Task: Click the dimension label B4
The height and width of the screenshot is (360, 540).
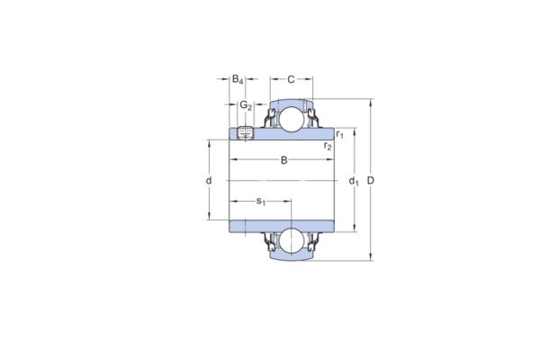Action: (238, 80)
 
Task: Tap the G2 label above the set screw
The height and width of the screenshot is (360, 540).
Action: (245, 105)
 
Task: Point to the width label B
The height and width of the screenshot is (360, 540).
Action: (284, 161)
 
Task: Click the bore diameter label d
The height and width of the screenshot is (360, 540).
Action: (209, 181)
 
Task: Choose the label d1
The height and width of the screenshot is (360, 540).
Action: (354, 182)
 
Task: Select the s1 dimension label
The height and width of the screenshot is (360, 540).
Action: (261, 201)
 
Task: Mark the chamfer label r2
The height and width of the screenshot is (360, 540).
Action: (328, 145)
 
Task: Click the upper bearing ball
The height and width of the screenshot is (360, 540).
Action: (292, 119)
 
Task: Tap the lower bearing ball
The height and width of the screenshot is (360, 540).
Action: (292, 240)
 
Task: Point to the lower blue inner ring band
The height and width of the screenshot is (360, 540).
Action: (283, 223)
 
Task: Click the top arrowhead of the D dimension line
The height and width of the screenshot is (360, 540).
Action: (371, 102)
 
